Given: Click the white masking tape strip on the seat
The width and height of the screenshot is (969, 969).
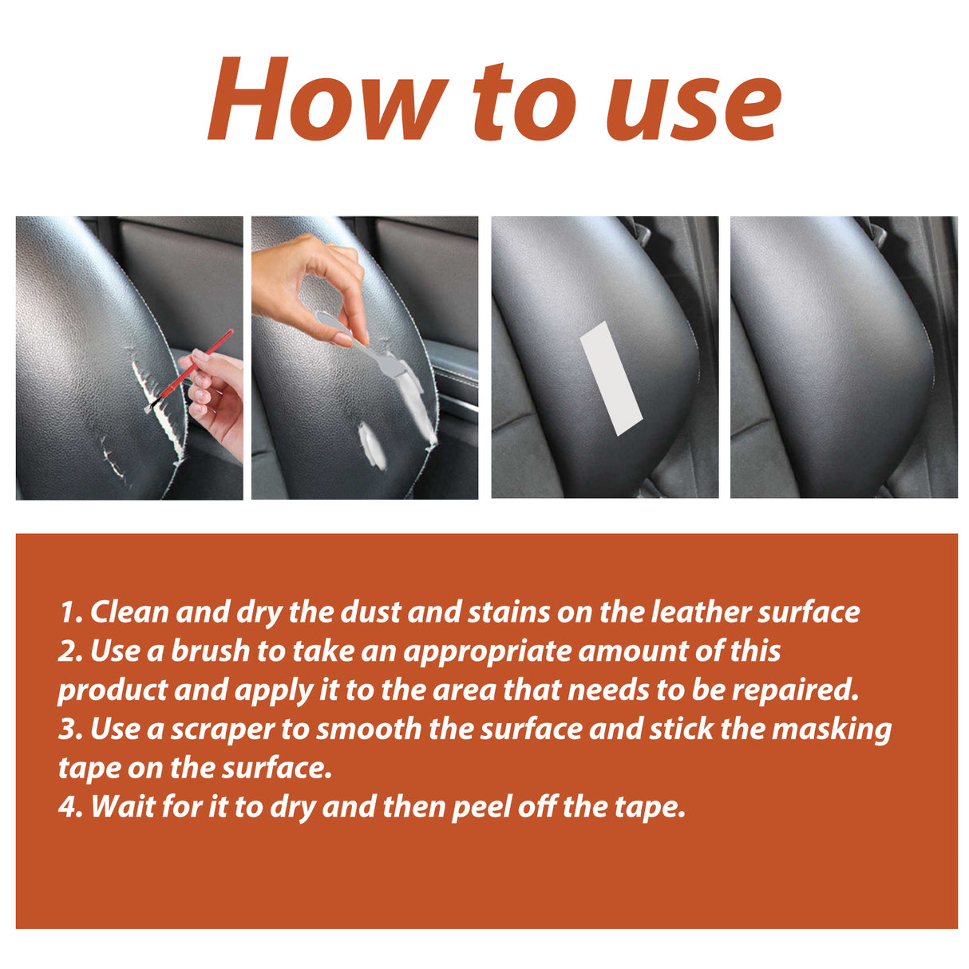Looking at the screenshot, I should point(611,379).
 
